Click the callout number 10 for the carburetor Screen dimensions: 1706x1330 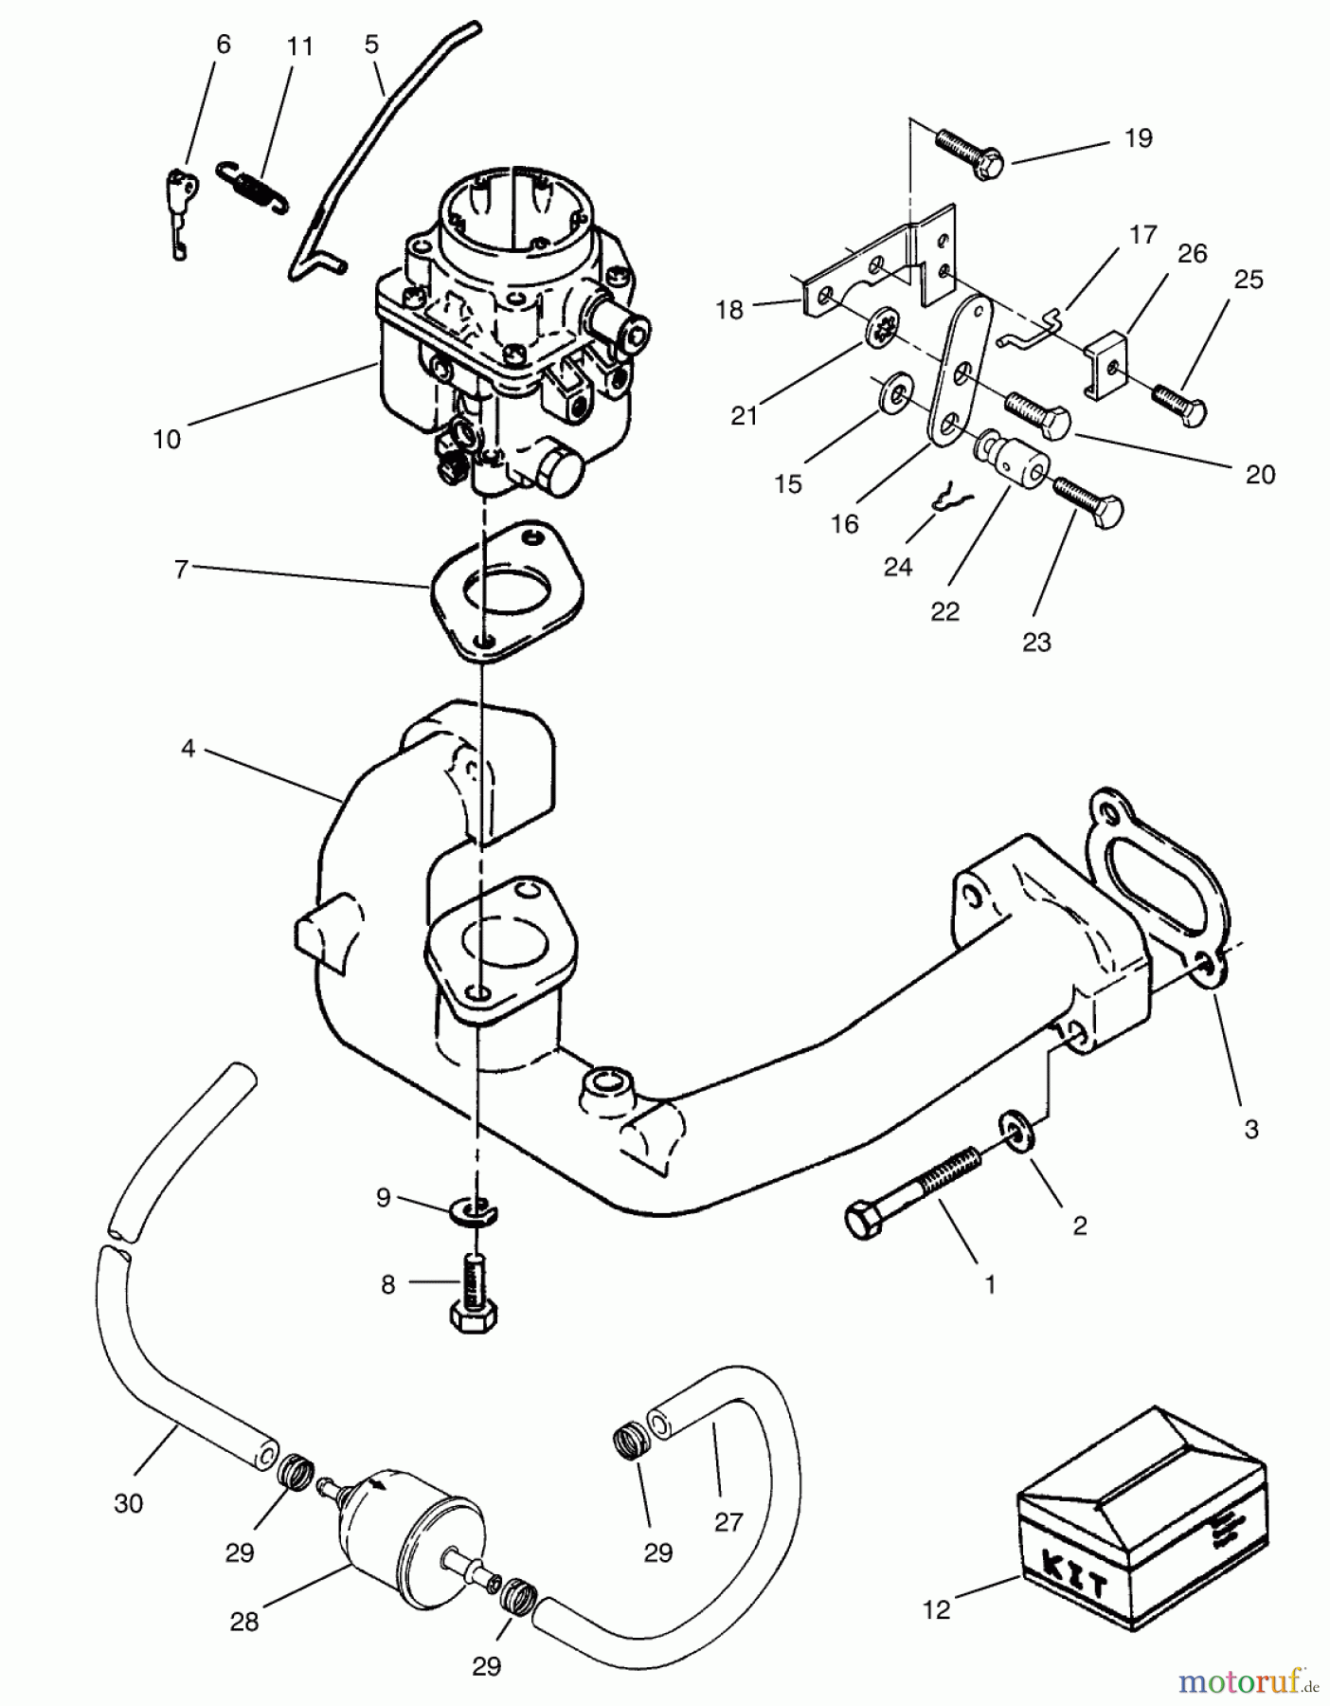167,440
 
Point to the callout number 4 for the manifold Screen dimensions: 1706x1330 188,749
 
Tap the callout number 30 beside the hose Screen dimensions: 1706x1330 129,1503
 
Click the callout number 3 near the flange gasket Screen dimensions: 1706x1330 1250,1129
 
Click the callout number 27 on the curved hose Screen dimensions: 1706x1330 728,1522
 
